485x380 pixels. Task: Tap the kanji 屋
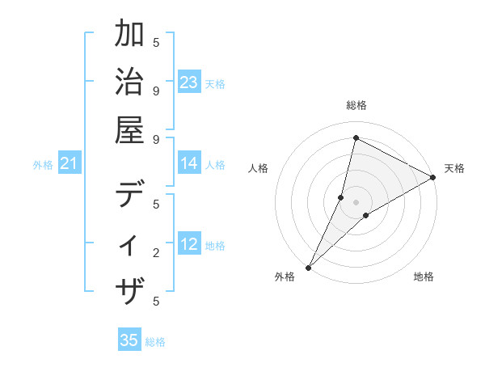coord(131,129)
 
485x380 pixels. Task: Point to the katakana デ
coord(131,194)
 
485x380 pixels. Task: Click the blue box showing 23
coord(189,82)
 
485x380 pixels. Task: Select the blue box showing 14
coord(189,164)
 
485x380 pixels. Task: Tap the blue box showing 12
coord(189,245)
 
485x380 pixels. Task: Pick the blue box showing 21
coord(70,164)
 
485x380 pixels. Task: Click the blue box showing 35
coord(129,340)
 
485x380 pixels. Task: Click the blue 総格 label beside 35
coord(155,342)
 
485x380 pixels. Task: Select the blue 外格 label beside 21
coord(43,165)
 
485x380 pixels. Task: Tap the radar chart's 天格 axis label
coord(454,168)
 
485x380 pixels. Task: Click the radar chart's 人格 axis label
coord(259,168)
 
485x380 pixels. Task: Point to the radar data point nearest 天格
coord(433,178)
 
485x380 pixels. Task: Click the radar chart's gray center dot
coord(356,202)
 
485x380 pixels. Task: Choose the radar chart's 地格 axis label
coord(424,277)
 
